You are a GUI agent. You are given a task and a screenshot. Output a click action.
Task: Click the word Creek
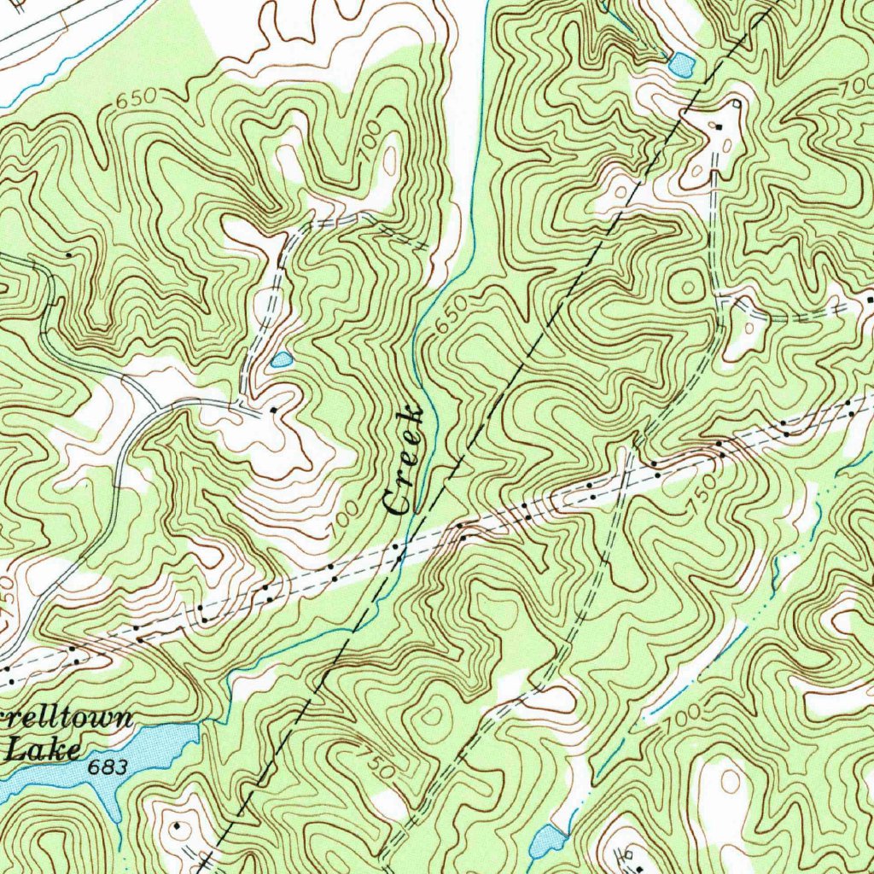click(x=405, y=461)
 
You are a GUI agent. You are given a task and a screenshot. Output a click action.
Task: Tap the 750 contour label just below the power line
click(x=702, y=499)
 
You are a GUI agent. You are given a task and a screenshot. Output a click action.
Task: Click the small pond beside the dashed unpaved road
click(x=281, y=360)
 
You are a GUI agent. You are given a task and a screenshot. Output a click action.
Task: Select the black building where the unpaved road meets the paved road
click(x=272, y=411)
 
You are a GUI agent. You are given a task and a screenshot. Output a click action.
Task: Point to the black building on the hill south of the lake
click(x=177, y=826)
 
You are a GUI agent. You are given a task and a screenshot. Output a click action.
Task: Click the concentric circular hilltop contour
click(x=686, y=286)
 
